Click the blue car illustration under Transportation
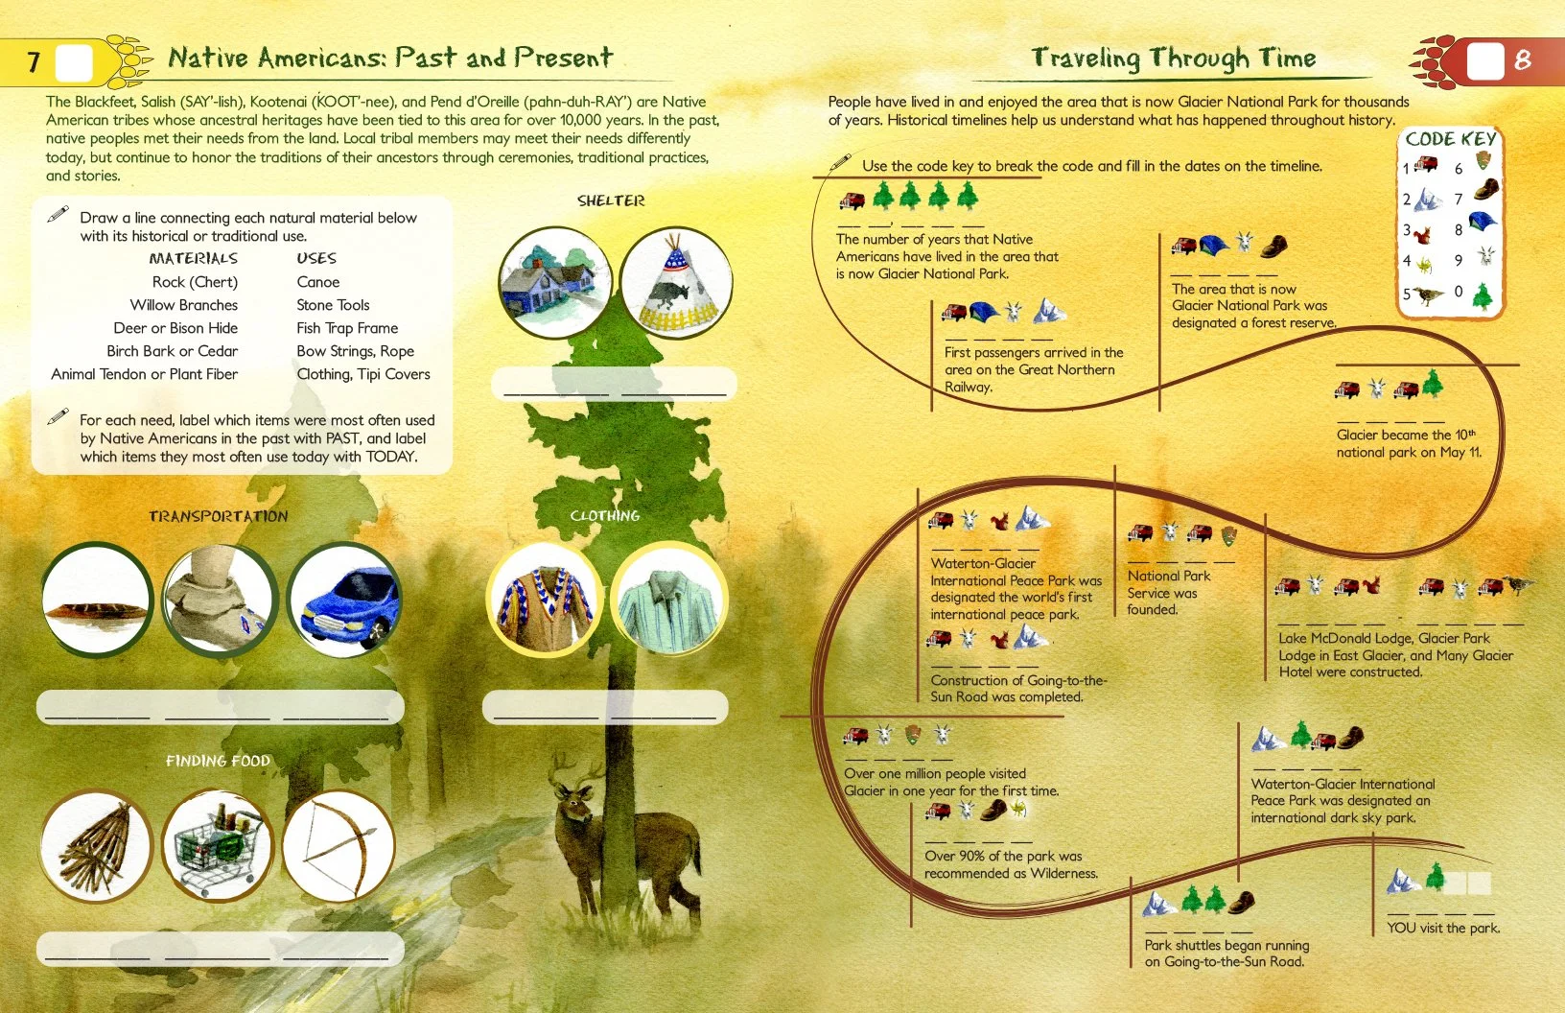click(x=343, y=601)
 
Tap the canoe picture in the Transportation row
click(x=97, y=601)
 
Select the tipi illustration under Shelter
click(x=676, y=284)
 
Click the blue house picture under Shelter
click(x=554, y=284)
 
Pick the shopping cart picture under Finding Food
click(x=218, y=846)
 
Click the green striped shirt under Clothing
click(x=669, y=600)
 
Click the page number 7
click(x=34, y=62)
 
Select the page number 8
click(x=1522, y=60)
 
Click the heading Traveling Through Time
click(x=1173, y=59)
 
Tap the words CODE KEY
click(x=1450, y=139)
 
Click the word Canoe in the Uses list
click(x=318, y=282)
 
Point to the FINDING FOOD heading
click(x=218, y=761)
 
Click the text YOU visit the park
click(x=1443, y=928)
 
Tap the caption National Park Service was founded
click(x=1168, y=592)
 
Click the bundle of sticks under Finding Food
click(x=97, y=846)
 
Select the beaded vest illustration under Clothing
click(x=545, y=600)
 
